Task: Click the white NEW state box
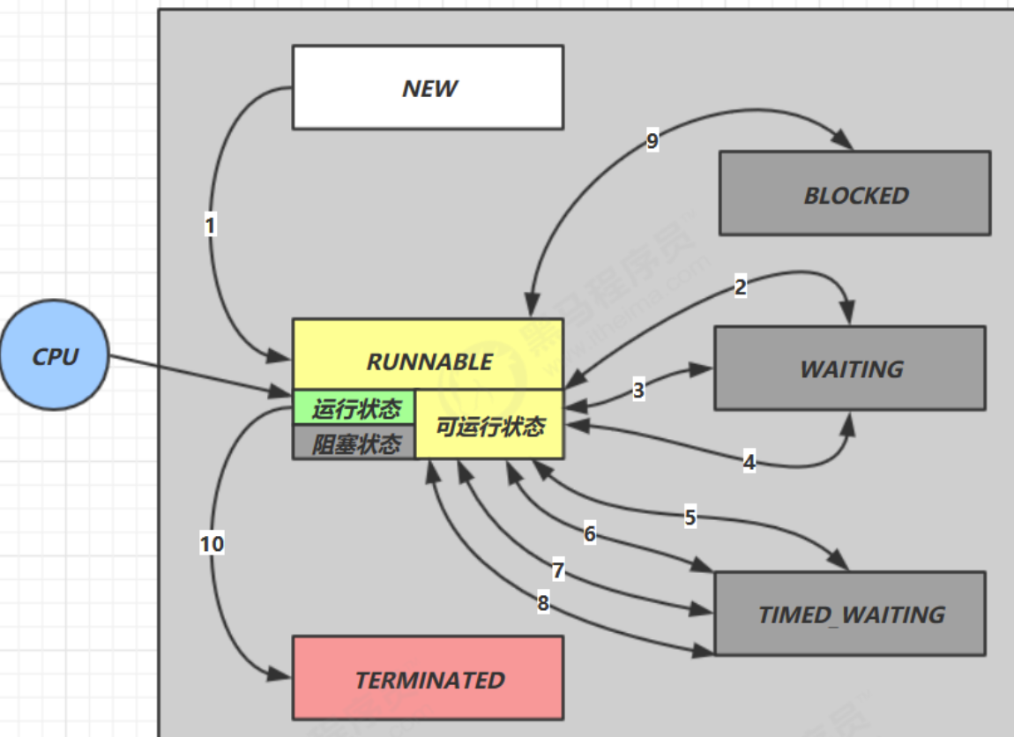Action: click(428, 87)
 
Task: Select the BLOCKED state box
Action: click(854, 193)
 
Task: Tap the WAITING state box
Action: click(850, 368)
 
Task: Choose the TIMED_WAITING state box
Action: click(850, 614)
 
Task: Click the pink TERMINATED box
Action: click(428, 679)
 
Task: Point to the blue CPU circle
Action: click(55, 355)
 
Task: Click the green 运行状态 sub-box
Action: click(354, 408)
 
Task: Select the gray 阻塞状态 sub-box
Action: click(354, 443)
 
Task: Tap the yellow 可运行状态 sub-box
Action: click(490, 426)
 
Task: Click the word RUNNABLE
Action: click(429, 361)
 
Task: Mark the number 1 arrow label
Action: click(210, 226)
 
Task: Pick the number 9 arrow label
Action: click(652, 141)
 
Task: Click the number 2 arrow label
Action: click(741, 287)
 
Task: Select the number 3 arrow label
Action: click(639, 390)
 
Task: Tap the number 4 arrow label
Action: click(749, 461)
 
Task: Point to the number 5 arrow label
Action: click(690, 517)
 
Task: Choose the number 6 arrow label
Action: click(590, 533)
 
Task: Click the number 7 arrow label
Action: click(558, 570)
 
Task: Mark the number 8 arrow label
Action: click(543, 604)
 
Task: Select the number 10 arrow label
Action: click(212, 544)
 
